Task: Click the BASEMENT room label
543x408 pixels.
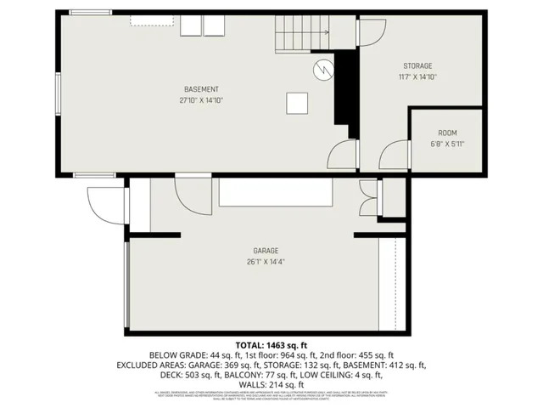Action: pos(201,90)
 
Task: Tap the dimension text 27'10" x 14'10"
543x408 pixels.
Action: pos(201,100)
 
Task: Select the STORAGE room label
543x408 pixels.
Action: pos(417,66)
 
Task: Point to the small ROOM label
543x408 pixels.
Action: pos(447,133)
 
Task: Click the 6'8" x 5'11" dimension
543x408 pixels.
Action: pos(447,144)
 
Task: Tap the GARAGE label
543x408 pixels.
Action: pos(266,251)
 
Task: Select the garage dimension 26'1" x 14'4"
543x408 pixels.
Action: pos(266,262)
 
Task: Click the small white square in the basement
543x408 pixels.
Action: pos(297,102)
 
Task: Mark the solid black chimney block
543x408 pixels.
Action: pos(344,93)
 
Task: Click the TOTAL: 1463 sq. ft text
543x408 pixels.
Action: pos(271,344)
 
